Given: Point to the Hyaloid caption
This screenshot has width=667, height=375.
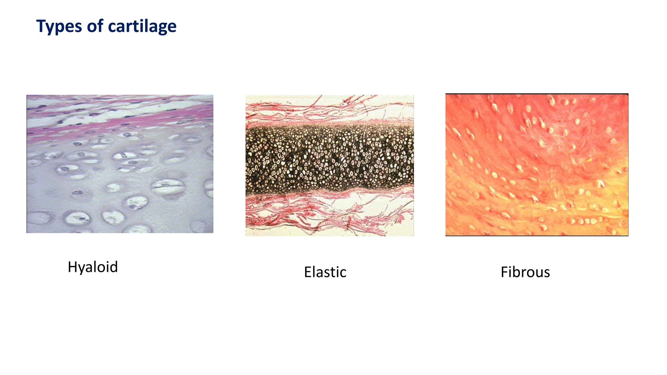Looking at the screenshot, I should point(92,267).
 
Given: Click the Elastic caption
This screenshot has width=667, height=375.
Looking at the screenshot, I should point(325,272).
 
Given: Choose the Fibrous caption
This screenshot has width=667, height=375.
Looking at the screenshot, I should point(525,272).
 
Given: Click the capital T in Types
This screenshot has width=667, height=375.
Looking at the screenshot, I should point(41,26).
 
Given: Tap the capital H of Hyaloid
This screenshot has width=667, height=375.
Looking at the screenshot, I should point(72,267).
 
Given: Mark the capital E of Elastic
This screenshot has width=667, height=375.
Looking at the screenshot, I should point(307,272).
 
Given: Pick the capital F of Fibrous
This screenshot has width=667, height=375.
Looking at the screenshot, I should point(504,272).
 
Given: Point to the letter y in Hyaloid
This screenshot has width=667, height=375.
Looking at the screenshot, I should point(81,269).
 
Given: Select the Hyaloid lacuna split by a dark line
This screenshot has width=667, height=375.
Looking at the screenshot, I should point(168,186).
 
